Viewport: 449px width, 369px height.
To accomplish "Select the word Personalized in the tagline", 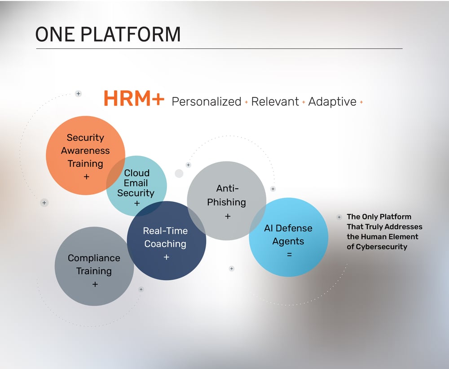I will tap(207, 102).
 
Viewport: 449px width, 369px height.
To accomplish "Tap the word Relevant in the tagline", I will tap(275, 102).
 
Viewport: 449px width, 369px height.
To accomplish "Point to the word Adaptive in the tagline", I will tap(332, 102).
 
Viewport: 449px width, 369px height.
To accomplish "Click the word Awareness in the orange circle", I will tap(85, 151).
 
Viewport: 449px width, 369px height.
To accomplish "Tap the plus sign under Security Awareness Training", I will tap(86, 177).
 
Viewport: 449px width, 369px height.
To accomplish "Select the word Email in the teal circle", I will tap(136, 183).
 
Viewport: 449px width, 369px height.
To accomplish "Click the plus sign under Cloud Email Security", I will tap(136, 204).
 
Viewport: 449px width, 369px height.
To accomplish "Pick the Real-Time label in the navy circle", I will tap(165, 231).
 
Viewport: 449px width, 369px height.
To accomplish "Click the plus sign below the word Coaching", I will tap(166, 257).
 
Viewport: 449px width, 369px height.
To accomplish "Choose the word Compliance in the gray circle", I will tap(94, 258).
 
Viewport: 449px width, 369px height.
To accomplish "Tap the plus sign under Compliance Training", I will tap(95, 284).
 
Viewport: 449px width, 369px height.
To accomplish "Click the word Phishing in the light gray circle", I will tap(226, 202).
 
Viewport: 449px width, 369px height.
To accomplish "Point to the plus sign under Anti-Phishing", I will tap(227, 217).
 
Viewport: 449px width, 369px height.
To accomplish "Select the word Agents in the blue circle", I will tap(288, 241).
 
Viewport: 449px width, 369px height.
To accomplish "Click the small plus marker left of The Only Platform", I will tap(339, 217).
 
